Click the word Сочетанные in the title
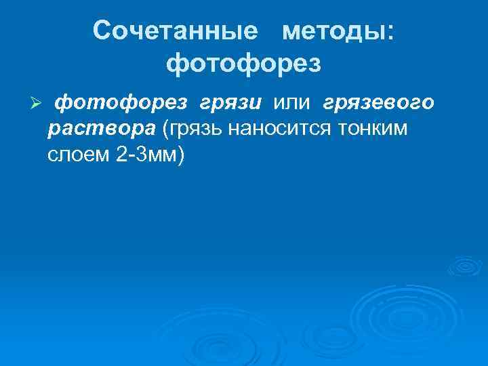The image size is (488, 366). click(x=176, y=30)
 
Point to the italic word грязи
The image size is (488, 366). click(x=230, y=103)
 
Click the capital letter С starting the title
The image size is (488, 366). click(x=103, y=30)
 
